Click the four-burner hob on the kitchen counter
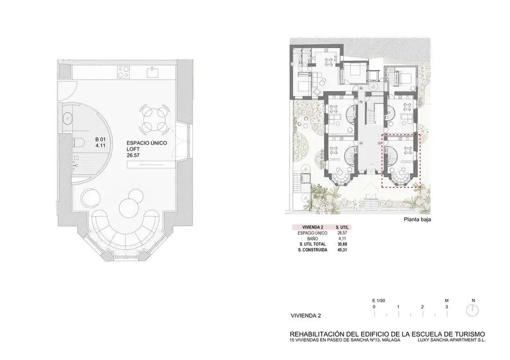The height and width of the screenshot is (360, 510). tap(124, 72)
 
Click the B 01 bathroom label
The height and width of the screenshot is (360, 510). tap(100, 142)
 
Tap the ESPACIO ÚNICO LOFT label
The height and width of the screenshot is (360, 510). tap(147, 149)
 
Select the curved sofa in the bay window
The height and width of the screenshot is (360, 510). tap(125, 229)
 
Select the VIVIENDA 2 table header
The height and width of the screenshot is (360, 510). tap(312, 227)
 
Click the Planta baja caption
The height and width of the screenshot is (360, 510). tap(418, 219)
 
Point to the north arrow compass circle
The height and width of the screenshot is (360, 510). tap(472, 310)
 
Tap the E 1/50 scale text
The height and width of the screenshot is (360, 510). tap(379, 301)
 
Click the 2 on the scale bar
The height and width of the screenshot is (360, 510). tap(422, 307)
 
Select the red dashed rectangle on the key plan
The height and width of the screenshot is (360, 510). tap(401, 161)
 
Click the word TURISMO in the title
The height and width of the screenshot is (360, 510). tap(469, 334)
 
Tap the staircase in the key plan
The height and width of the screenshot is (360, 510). tap(371, 114)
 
